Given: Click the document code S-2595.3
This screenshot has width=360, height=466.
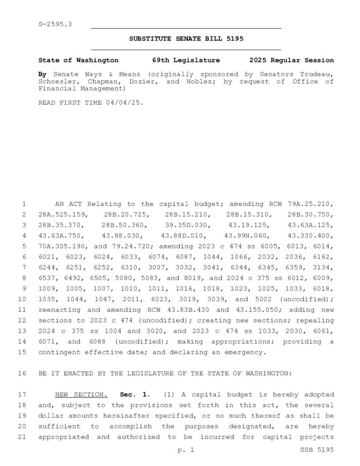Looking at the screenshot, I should [55, 23].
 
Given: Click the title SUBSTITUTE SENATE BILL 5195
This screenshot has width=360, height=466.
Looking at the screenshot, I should [186, 39].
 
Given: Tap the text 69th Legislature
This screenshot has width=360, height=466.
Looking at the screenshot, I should [186, 60].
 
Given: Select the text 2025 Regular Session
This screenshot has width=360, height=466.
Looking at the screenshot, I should [291, 60].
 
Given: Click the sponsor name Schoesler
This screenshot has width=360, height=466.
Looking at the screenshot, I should [58, 81].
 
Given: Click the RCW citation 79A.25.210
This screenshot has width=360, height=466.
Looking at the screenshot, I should [312, 204].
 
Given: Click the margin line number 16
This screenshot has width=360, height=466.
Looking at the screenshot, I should [24, 373].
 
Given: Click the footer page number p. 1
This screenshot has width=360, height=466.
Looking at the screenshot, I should [186, 451].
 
